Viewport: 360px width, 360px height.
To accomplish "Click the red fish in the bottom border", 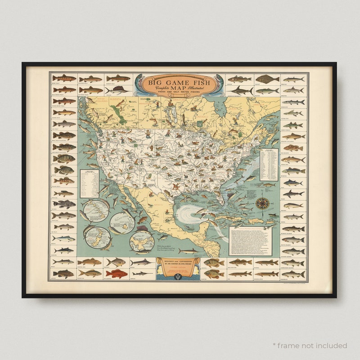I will [x=117, y=274].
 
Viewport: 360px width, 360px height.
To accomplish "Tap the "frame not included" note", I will [x=310, y=346].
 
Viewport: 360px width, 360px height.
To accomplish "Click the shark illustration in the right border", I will [x=293, y=193].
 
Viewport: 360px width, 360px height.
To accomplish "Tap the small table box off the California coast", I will [x=89, y=184].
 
